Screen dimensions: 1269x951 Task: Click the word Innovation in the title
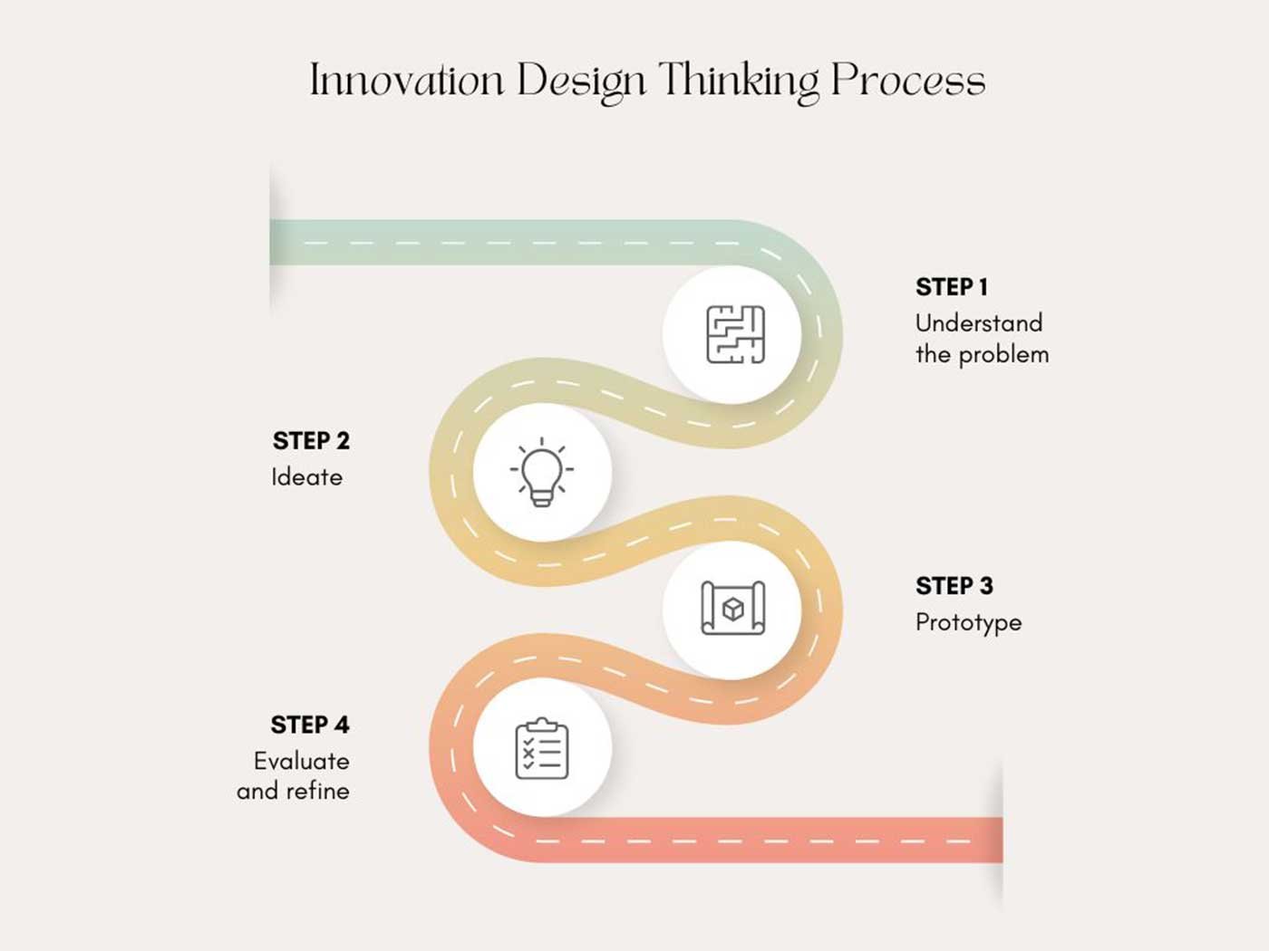coord(407,79)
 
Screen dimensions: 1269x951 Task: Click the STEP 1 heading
coord(952,287)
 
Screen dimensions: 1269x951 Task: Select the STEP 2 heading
coord(311,440)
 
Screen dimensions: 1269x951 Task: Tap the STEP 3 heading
coord(954,585)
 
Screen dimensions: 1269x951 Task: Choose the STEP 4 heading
coord(310,725)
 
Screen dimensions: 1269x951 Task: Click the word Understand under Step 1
coord(979,322)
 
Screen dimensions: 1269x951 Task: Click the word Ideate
coord(306,477)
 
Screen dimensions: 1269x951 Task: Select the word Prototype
coord(968,623)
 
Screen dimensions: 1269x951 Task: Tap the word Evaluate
coord(301,761)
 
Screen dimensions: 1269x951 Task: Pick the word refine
coord(317,791)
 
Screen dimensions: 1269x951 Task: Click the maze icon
coord(735,334)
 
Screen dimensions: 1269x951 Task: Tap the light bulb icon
coord(542,472)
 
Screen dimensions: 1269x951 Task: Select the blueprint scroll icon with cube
coord(733,608)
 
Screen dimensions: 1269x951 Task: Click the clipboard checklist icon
coord(542,748)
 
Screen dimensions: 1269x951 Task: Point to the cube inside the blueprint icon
coord(733,610)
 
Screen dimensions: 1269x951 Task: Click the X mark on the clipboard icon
coord(528,753)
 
